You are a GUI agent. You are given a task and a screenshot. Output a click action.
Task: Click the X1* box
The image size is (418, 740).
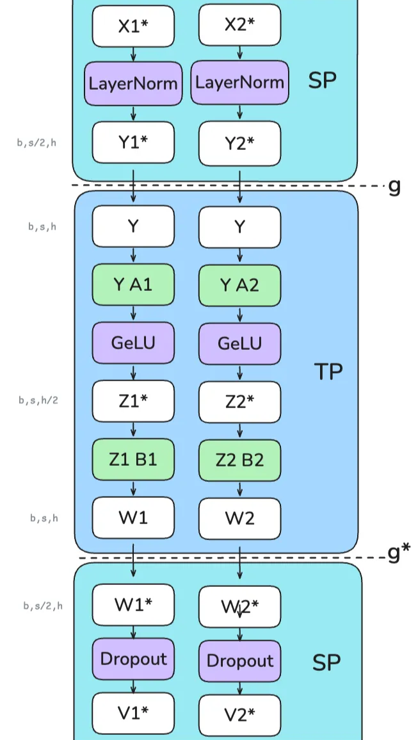133,26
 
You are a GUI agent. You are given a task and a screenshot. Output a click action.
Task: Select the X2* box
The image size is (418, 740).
240,25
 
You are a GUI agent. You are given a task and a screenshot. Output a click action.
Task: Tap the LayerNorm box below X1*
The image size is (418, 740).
133,83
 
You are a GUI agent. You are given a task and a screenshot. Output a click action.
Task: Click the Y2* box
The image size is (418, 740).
240,143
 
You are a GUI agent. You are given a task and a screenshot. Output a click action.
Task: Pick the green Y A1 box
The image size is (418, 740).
133,284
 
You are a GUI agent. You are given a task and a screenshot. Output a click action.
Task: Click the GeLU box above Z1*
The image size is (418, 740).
133,343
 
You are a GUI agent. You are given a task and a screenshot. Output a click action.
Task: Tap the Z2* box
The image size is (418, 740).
240,402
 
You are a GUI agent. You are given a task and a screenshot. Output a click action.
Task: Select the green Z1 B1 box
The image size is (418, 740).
133,459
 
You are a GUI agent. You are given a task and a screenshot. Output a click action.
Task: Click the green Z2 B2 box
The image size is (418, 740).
240,460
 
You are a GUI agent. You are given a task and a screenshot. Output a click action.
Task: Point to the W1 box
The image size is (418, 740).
133,517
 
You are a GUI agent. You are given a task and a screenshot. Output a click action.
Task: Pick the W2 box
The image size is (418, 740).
240,518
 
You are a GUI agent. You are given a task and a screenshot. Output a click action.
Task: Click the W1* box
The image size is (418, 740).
133,604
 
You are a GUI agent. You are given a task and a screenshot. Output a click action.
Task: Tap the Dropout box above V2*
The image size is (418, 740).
240,661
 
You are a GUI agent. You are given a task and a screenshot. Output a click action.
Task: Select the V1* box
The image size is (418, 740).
133,713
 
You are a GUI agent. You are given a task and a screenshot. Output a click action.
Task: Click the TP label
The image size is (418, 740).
328,372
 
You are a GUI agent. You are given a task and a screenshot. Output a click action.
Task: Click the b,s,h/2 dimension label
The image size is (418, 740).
38,401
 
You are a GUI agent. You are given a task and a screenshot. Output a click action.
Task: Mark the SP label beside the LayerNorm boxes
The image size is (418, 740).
322,81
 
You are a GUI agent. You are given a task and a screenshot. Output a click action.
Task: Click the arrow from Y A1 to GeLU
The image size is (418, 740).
133,313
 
